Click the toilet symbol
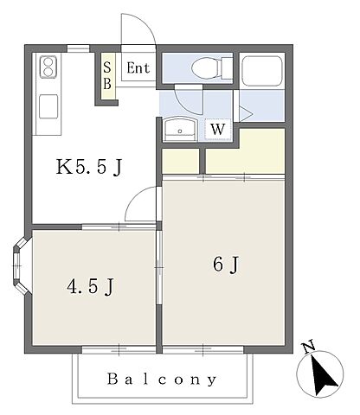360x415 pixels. click(212, 68)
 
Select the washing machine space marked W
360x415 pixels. click(218, 130)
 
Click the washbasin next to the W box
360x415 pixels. click(180, 130)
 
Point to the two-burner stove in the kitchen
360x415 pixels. click(48, 67)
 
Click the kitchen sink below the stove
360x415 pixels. click(48, 106)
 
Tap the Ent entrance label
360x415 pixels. click(138, 68)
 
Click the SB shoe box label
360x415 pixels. click(107, 75)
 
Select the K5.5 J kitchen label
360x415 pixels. click(89, 167)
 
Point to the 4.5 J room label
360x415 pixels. click(91, 287)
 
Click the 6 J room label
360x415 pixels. click(226, 265)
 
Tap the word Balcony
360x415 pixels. click(162, 380)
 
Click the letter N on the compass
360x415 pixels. click(308, 347)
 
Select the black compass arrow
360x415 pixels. click(323, 375)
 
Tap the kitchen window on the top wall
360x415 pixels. click(79, 48)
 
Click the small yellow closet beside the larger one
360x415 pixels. click(181, 161)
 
